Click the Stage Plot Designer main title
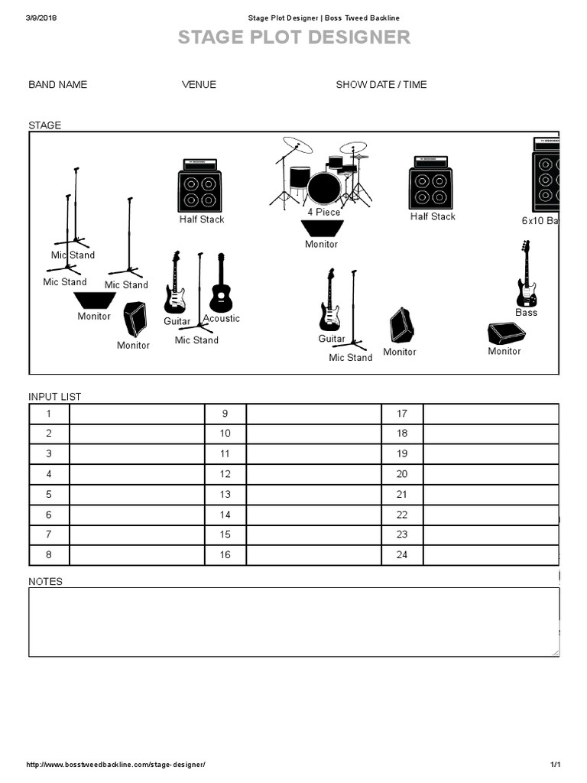point(293,37)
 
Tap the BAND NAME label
point(58,84)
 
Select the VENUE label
point(199,84)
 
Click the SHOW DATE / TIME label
point(381,84)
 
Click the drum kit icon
point(321,174)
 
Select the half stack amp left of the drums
point(199,186)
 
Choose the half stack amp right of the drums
point(430,184)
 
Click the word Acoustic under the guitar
point(222,318)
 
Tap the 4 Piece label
point(324,212)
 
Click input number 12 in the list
point(225,474)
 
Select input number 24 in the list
point(402,554)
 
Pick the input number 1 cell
point(49,414)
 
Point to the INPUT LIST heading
point(55,396)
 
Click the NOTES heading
point(46,581)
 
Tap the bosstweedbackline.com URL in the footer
point(116,765)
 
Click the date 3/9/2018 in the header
point(42,18)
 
